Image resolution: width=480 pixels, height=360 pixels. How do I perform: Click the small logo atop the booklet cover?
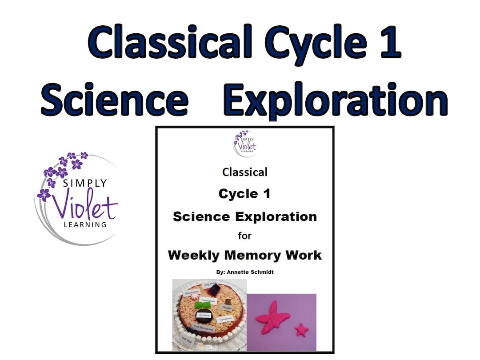click(x=245, y=142)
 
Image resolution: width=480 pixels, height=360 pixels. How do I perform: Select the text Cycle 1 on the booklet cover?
click(x=244, y=194)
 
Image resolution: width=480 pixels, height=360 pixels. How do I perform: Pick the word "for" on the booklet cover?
click(x=244, y=236)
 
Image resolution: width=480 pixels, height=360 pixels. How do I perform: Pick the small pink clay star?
click(x=303, y=330)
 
